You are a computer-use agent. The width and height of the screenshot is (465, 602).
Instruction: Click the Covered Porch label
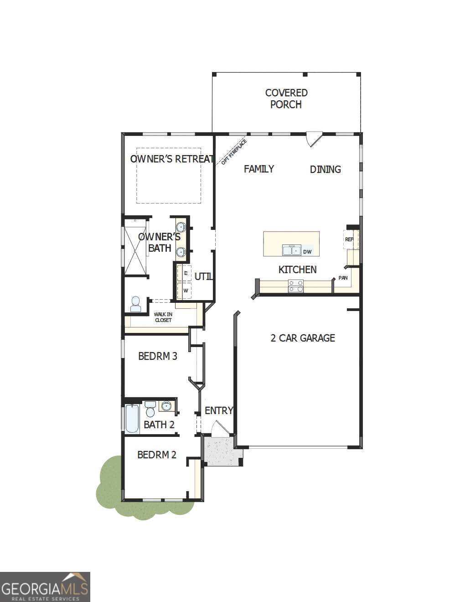point(286,99)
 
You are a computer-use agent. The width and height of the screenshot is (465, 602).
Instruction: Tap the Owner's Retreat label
point(172,159)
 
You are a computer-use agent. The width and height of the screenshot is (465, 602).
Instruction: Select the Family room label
point(259,169)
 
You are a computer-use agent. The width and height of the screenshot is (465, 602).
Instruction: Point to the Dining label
point(325,170)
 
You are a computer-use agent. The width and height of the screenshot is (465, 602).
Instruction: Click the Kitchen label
point(297,270)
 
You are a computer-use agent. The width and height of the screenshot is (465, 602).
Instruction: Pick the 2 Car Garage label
point(303,338)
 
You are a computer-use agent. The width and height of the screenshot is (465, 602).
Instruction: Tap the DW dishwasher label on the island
point(307,252)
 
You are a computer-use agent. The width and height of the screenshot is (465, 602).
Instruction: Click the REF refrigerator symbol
point(350,239)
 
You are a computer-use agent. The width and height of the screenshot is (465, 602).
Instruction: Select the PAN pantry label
point(343,278)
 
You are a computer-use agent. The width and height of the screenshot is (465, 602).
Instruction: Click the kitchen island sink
point(291,250)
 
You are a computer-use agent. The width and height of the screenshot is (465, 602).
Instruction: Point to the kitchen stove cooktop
point(295,286)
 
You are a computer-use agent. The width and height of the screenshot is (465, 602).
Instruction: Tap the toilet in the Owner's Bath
point(136,304)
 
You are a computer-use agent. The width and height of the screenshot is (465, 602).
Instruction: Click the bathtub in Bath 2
point(132,418)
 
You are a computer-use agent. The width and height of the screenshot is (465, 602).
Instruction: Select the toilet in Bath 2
point(150,409)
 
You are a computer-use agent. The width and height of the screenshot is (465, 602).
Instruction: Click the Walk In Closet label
point(163,317)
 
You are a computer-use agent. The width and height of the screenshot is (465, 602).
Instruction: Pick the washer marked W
point(186,291)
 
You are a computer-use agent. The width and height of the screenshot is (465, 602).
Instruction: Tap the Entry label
point(219,410)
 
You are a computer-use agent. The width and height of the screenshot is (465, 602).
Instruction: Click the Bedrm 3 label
point(158,356)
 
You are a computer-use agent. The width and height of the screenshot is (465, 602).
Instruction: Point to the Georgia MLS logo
point(45,586)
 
